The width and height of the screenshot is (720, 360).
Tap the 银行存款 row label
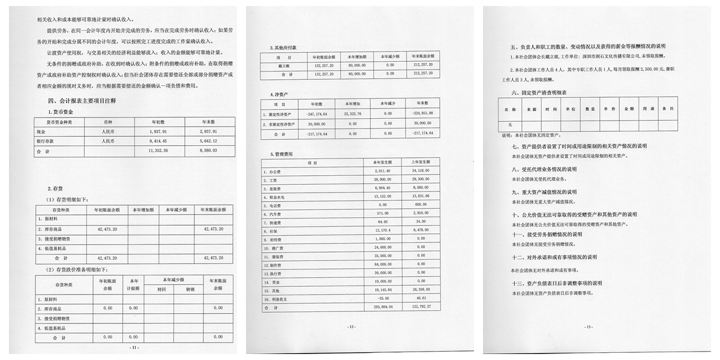pos(50,140)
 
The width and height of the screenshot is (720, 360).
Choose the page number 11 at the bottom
pos(134,347)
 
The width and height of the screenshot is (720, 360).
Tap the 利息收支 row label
pos(277,298)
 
